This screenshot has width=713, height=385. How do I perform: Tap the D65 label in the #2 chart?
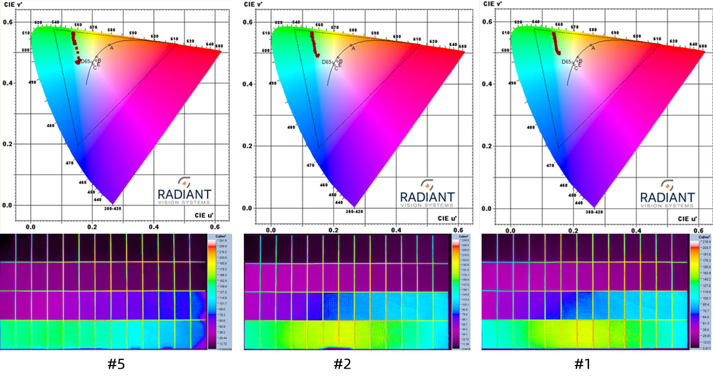tap(327, 62)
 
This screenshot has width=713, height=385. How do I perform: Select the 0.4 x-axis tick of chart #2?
tap(396, 230)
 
